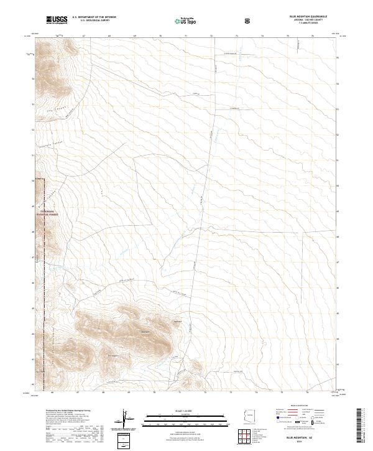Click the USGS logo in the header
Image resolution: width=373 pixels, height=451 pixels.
pyautogui.click(x=57, y=20)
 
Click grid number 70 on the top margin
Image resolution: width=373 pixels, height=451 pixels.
pyautogui.click(x=160, y=36)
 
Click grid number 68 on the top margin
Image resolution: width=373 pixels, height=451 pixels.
pyautogui.click(x=109, y=36)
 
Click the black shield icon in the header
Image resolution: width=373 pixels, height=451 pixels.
pyautogui.click(x=249, y=21)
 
